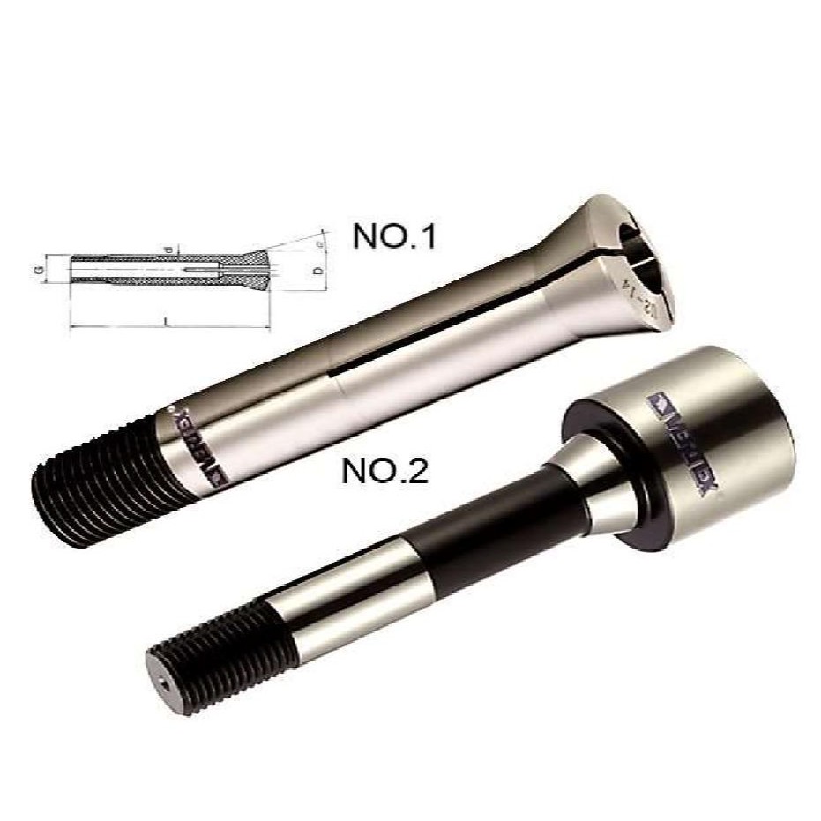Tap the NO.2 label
(385, 472)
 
